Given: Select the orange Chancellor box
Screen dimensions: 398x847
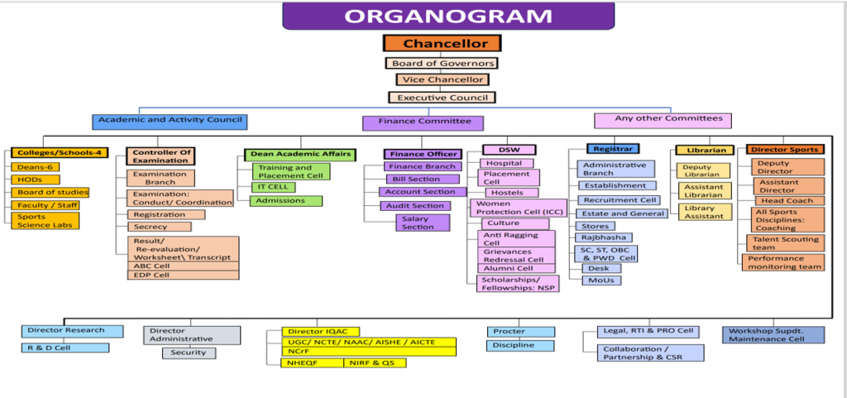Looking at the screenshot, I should tap(441, 44).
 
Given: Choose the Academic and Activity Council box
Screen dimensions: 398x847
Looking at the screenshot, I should tap(170, 121).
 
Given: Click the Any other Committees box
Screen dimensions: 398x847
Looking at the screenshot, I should tap(663, 120).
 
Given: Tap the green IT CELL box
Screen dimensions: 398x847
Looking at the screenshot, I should tap(274, 187).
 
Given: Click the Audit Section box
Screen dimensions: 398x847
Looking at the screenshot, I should tap(417, 205).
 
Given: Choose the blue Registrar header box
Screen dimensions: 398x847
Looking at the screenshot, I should tap(613, 149).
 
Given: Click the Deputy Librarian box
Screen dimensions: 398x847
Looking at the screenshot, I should tap(704, 170).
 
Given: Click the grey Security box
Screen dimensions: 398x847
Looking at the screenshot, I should tap(189, 352).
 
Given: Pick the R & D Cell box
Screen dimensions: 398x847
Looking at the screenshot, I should tap(65, 348).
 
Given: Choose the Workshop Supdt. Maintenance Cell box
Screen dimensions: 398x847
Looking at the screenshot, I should tap(773, 334).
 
